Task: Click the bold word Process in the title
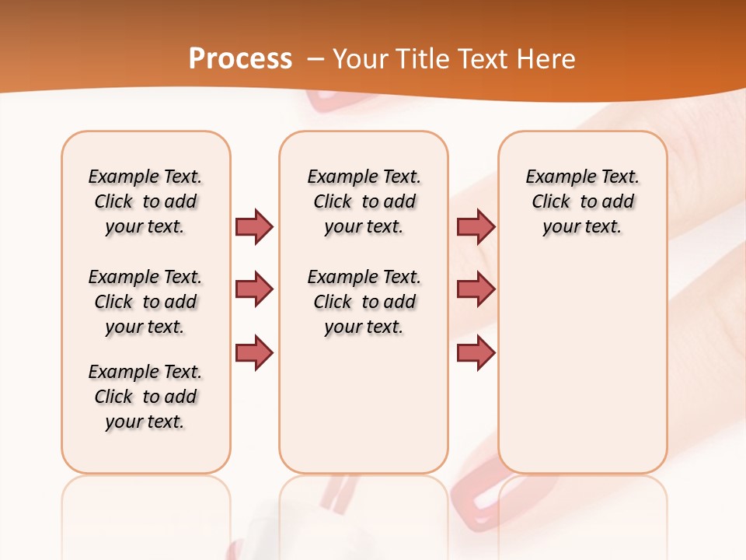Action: click(240, 59)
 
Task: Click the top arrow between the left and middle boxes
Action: click(254, 226)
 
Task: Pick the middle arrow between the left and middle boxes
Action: click(254, 289)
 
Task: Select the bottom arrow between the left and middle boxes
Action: click(254, 352)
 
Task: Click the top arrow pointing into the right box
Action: click(476, 226)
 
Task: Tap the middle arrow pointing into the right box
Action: click(476, 289)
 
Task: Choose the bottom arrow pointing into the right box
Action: click(476, 352)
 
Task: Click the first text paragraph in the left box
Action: click(145, 201)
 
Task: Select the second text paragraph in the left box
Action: click(145, 302)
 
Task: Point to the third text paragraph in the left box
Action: click(145, 397)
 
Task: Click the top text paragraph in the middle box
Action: click(364, 201)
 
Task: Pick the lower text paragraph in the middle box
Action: click(364, 302)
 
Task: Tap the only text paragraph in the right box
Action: click(582, 201)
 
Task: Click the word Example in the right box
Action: click(556, 177)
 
